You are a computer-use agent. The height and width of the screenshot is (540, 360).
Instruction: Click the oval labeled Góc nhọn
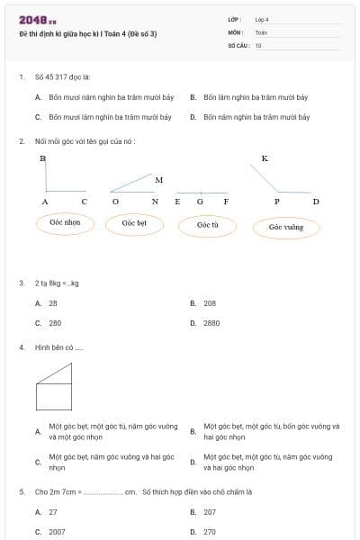tap(66, 222)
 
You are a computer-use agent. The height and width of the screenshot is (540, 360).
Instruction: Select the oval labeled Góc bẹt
tap(134, 222)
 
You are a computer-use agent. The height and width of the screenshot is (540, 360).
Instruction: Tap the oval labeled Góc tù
tap(208, 225)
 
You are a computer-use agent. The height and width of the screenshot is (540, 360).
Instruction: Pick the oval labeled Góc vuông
tap(286, 227)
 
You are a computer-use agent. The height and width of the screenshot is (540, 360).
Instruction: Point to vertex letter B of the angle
tap(42, 158)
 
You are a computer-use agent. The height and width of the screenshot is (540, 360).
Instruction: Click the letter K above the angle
tap(265, 158)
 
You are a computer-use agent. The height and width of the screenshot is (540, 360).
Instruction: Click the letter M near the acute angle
tap(158, 180)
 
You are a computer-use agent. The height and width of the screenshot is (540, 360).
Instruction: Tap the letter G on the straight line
tap(199, 202)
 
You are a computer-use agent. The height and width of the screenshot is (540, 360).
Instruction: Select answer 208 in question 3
tap(209, 303)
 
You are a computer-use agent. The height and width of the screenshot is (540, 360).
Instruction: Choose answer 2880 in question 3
tap(211, 322)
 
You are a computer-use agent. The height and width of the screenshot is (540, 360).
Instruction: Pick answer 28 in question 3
tap(53, 303)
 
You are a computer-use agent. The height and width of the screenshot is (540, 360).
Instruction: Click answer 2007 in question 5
tap(57, 532)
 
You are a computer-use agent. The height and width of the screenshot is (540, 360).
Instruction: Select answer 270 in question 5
tap(209, 532)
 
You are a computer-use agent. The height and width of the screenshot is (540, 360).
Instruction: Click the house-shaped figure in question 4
tap(53, 387)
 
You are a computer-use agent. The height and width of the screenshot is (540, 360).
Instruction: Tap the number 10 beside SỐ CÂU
tap(258, 44)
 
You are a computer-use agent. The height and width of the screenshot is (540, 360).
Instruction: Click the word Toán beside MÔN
tap(261, 31)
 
